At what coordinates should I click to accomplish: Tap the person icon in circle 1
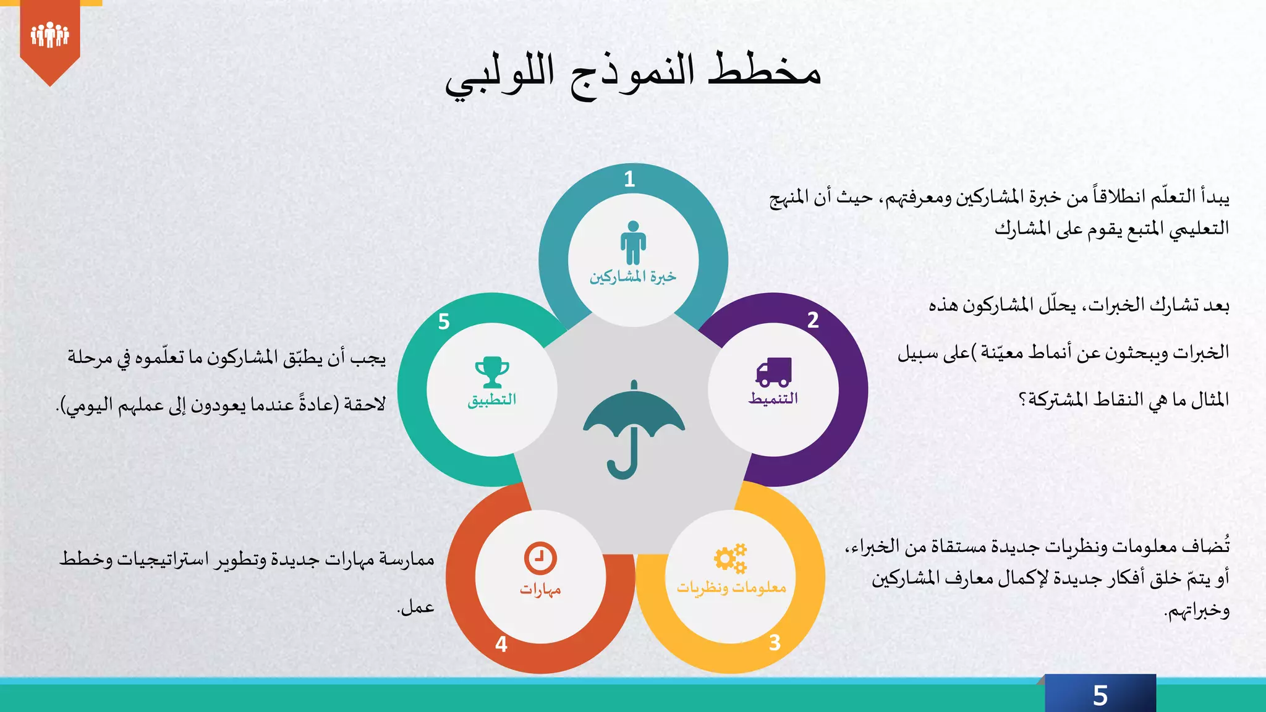point(633,243)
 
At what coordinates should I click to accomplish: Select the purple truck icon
point(773,371)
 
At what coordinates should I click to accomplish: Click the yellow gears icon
point(731,559)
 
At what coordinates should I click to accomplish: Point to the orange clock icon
point(540,558)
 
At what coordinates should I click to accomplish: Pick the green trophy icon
point(492,372)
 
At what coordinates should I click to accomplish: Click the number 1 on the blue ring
point(629,179)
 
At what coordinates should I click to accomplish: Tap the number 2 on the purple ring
point(813,320)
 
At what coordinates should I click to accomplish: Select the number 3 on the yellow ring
point(775,643)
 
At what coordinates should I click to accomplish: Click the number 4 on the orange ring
point(501,645)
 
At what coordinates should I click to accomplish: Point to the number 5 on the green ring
point(444,322)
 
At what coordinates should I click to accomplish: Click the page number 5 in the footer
point(1100,696)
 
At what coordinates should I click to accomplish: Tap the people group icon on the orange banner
point(49,35)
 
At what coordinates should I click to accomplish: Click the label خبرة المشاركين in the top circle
point(633,276)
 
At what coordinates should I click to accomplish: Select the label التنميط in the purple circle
point(773,399)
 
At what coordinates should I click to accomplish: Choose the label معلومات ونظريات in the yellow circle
point(731,587)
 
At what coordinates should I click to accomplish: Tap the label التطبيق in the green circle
point(492,400)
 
